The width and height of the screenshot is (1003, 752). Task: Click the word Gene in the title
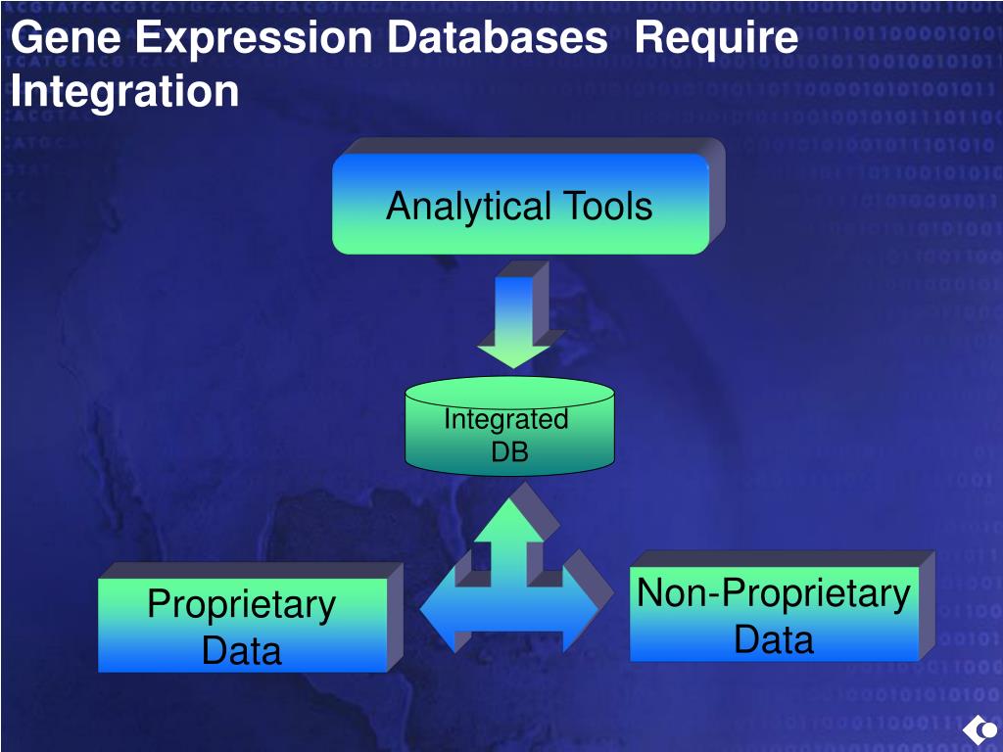68,39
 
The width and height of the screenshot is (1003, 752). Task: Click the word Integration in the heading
124,91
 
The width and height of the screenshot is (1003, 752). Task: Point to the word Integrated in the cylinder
505,419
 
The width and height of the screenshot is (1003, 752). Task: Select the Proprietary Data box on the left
242,626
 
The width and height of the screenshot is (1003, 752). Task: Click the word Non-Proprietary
774,593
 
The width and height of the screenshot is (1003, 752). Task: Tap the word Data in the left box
242,650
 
